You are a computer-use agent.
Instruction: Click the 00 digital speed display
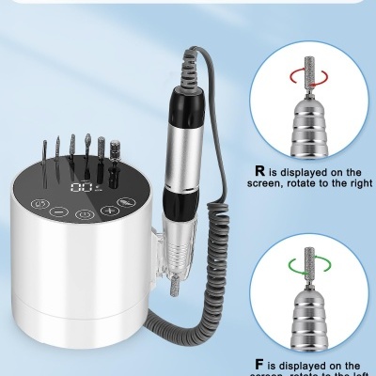pyautogui.click(x=85, y=188)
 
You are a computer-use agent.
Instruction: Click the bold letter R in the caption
pyautogui.click(x=260, y=172)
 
